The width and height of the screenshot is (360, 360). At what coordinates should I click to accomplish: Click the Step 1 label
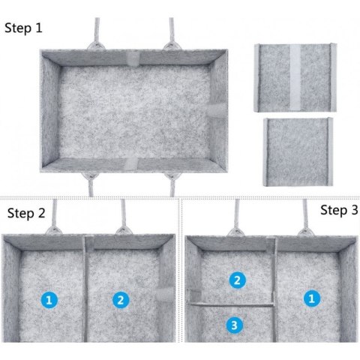pos(23,28)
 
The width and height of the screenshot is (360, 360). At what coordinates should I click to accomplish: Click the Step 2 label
pos(26,213)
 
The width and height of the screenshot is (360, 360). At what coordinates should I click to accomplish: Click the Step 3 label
pos(339,210)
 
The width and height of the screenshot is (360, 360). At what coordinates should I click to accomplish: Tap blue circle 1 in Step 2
pos(49,300)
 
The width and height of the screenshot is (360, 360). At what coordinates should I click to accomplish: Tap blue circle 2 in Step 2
pos(121,300)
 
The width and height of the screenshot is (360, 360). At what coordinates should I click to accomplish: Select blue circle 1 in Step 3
pos(312,298)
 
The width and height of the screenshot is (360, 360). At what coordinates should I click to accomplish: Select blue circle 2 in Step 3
pos(237,280)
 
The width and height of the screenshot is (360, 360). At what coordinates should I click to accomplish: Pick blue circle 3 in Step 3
pos(235,325)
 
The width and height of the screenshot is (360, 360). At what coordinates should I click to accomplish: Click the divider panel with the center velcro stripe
pos(295,78)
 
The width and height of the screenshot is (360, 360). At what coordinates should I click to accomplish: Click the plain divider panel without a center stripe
pos(298,152)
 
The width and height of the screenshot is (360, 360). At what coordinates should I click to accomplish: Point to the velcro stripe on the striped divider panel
pos(295,78)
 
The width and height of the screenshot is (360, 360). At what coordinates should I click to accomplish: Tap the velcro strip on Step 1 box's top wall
pos(133,59)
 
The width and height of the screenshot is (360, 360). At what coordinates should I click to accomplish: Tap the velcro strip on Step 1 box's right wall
pos(217,111)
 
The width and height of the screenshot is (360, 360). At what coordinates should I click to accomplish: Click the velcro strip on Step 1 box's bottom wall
pos(130,163)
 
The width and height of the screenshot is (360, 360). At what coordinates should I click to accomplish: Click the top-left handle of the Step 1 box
pos(97,34)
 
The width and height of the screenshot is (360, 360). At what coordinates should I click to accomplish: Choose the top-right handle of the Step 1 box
pos(172,34)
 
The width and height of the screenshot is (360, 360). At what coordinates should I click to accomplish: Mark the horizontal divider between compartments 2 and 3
pos(230,304)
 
